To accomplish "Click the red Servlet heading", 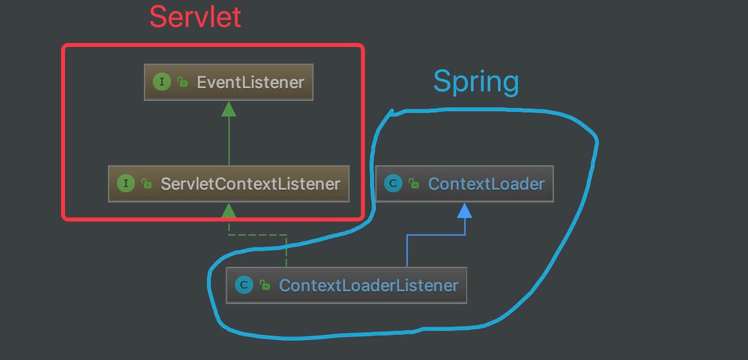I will pos(195,17).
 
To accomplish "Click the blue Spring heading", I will pos(476,82).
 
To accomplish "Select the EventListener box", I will pos(229,82).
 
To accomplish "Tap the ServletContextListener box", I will pos(229,184).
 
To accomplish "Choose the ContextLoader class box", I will pos(464,184).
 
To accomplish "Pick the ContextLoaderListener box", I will pos(346,285).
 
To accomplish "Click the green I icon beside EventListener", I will pos(162,82).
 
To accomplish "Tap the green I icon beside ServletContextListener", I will pos(126,184).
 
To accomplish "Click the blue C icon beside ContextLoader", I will pos(393,184).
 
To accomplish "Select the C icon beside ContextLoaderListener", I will pos(244,285).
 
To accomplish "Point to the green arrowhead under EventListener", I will pos(229,109).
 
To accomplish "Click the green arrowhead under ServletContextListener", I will pos(229,210).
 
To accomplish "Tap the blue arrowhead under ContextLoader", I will pos(465,210).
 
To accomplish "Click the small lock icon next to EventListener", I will pos(183,82).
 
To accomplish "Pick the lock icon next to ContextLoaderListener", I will pos(265,285).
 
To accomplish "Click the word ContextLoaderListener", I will pos(368,285).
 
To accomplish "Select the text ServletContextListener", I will pos(250,184).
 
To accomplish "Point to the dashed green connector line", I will pos(257,235).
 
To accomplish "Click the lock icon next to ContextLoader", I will pos(414,184).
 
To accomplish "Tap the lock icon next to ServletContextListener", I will pos(147,184).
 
